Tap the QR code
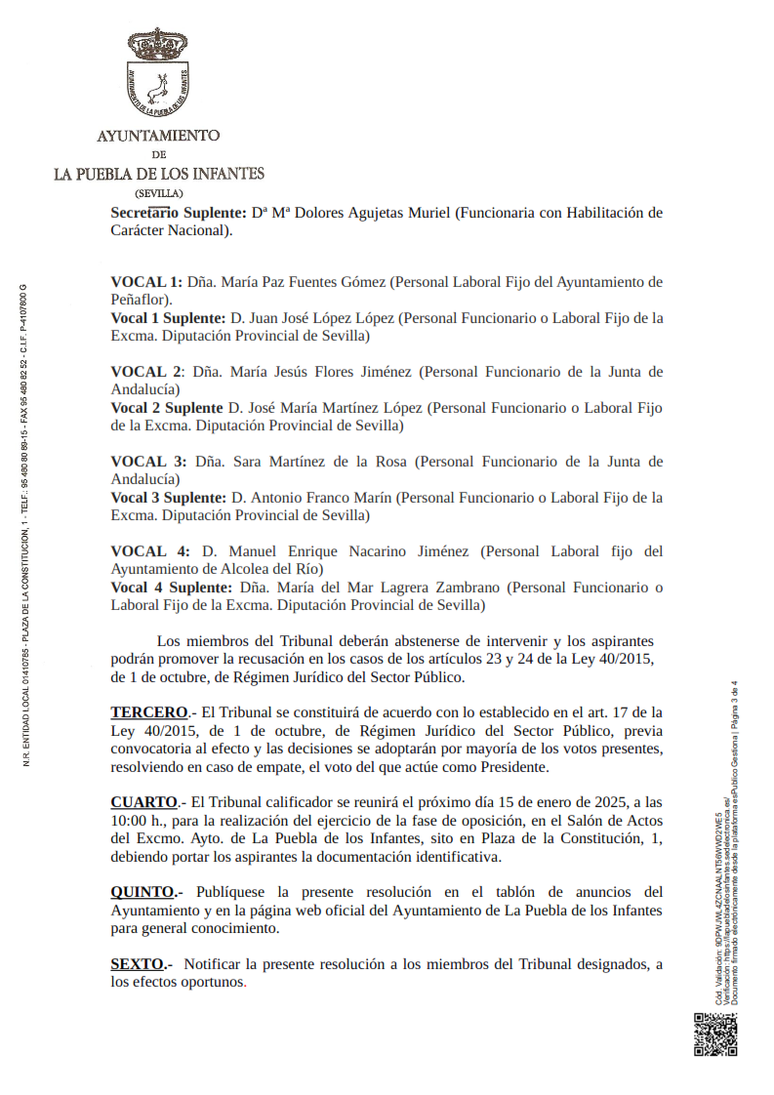click(x=715, y=1034)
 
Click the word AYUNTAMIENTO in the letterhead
click(x=158, y=136)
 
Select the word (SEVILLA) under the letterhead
click(x=158, y=193)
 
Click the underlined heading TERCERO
click(x=148, y=711)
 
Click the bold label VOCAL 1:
click(x=146, y=282)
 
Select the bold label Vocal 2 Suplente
click(x=167, y=408)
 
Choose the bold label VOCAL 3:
click(x=148, y=462)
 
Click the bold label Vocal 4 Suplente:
click(x=172, y=588)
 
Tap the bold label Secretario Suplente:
click(x=178, y=213)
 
